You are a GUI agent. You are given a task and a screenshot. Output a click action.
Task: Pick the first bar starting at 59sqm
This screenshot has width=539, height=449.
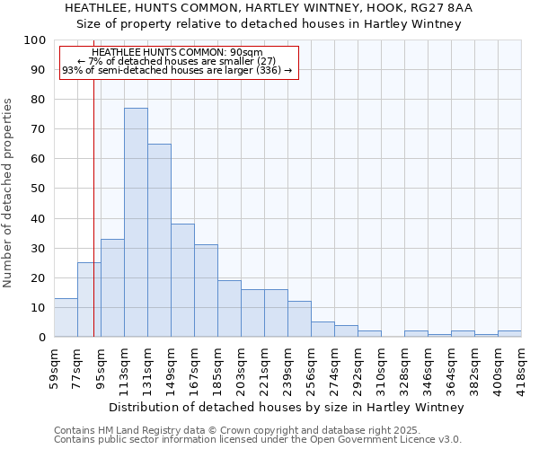pos(66,318)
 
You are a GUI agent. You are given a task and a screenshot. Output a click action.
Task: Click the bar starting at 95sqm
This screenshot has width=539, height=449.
pos(112,287)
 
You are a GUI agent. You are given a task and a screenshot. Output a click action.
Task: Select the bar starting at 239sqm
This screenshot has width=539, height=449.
pos(299,319)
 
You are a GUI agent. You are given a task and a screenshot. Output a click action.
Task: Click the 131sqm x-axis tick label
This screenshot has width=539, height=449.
pos(147,368)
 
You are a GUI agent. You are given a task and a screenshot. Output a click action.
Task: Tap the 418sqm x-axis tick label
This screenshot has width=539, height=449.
pos(521,368)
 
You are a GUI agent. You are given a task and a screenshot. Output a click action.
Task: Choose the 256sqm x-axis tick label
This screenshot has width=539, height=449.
pos(311,368)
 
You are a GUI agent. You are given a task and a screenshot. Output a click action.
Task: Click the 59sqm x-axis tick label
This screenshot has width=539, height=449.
pos(54,368)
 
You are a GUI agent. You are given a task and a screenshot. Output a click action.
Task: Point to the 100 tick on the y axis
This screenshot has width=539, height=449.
pos(35,40)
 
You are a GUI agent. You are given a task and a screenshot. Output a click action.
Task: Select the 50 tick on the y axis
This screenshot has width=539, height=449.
pos(38,189)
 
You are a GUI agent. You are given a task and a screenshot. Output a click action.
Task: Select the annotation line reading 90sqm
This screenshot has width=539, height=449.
pos(177,53)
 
